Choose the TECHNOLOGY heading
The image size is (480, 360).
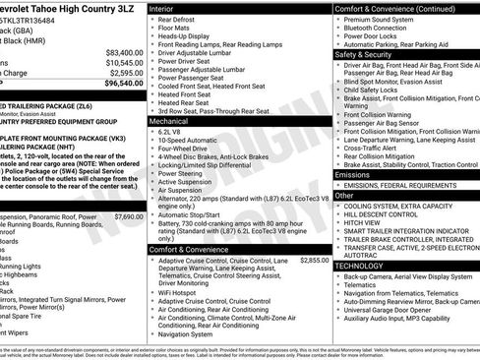[360, 266]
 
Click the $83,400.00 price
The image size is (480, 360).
[124, 52]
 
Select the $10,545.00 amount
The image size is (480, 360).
[124, 63]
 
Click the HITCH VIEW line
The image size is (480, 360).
[365, 222]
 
